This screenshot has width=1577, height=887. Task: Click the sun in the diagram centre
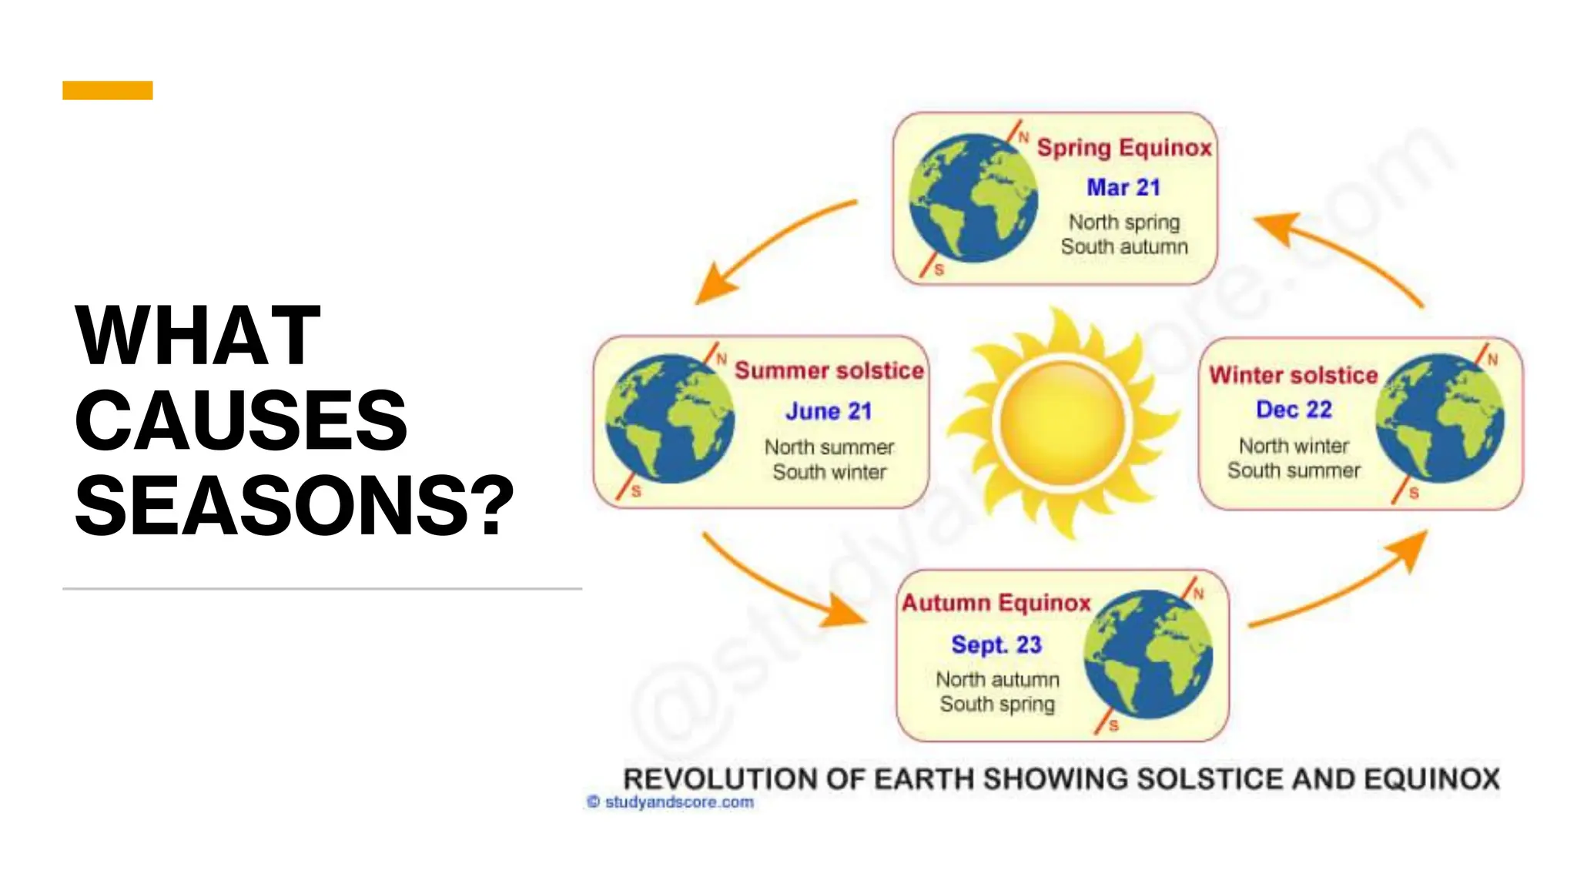[1063, 422]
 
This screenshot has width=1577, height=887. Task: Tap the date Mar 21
[1123, 187]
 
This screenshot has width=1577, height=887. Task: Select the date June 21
[829, 411]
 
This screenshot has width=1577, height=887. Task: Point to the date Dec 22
[1294, 410]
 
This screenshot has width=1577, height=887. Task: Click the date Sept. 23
[996, 644]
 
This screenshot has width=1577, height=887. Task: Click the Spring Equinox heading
[1124, 147]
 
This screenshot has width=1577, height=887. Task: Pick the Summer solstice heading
[829, 370]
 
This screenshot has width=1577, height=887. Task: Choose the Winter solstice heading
[1293, 375]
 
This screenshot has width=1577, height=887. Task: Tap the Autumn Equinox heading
[996, 603]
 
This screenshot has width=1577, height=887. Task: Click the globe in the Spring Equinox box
[973, 199]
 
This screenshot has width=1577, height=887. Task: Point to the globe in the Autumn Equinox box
[1148, 654]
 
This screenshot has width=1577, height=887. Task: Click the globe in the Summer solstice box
[670, 419]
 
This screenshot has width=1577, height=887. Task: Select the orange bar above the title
[108, 90]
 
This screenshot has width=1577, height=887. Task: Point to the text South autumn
[1124, 246]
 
